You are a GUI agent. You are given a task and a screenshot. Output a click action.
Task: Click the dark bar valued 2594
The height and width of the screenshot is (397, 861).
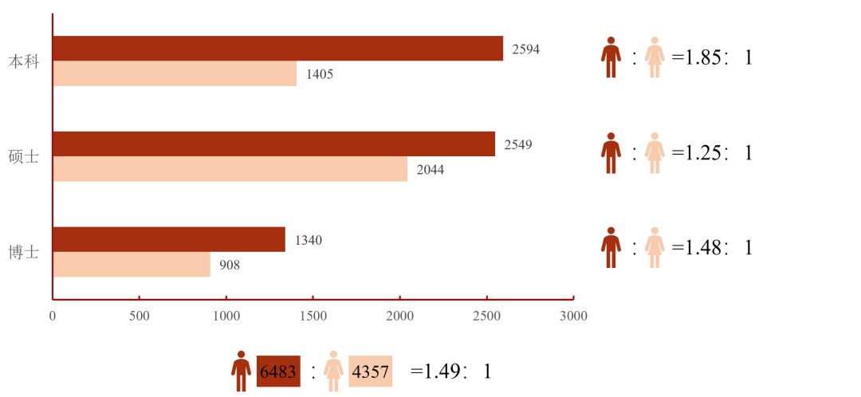tap(278, 49)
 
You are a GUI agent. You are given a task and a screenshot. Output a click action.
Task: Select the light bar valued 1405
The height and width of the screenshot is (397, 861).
tap(175, 74)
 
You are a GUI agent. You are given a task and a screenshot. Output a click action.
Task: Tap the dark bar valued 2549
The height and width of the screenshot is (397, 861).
tap(274, 144)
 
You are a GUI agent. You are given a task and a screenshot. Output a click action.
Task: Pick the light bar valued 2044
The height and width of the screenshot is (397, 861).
tap(230, 169)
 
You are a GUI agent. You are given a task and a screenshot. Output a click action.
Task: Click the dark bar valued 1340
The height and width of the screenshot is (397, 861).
tap(169, 239)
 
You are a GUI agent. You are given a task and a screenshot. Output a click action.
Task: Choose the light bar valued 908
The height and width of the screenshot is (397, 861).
tap(132, 265)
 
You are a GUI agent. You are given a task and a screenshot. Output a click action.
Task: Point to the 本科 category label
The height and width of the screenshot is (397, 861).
tap(23, 61)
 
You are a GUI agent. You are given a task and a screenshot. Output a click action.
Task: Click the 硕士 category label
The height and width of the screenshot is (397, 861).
tap(23, 157)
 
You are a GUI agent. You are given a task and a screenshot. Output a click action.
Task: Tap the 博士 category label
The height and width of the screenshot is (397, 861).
tap(23, 252)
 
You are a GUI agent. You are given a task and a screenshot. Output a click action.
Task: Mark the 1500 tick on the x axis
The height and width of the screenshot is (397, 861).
tap(313, 316)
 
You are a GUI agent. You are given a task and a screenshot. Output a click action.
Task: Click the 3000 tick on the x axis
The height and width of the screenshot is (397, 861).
tap(573, 316)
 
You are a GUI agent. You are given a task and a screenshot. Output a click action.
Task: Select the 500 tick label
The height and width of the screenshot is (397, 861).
tap(140, 316)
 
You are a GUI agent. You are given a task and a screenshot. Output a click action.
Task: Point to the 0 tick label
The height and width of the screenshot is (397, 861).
tap(53, 316)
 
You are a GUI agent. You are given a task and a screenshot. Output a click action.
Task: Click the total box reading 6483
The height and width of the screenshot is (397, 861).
tap(278, 371)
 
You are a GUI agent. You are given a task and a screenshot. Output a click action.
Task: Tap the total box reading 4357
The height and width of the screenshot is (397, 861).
tap(371, 371)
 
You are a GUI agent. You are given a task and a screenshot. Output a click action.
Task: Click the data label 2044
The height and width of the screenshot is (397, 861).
tap(431, 170)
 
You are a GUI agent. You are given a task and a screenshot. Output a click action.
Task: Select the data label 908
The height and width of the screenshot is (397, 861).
tap(230, 265)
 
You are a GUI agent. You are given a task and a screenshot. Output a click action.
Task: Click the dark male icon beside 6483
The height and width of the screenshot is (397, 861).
tap(241, 371)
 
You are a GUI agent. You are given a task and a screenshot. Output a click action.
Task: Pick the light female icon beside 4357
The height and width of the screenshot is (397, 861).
tap(333, 371)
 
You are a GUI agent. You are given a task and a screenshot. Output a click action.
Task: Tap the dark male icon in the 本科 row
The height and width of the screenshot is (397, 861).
tap(611, 57)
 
